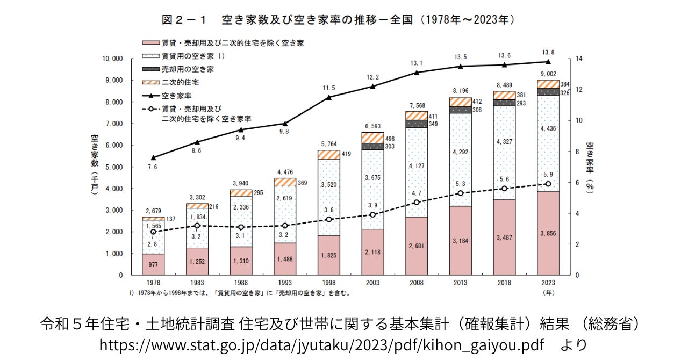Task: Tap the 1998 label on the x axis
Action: tap(328, 282)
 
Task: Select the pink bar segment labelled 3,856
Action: tap(548, 233)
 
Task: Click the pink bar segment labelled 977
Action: tap(153, 264)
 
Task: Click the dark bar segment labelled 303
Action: tap(372, 146)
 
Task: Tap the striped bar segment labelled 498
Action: tap(372, 138)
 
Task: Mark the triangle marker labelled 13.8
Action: tap(548, 62)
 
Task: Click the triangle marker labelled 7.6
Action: tap(153, 157)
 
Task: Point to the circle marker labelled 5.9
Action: tap(548, 184)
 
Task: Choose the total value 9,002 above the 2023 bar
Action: tap(548, 74)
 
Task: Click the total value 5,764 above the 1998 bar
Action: tap(328, 144)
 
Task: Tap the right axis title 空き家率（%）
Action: tap(590, 167)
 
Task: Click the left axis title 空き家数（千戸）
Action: tap(94, 167)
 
